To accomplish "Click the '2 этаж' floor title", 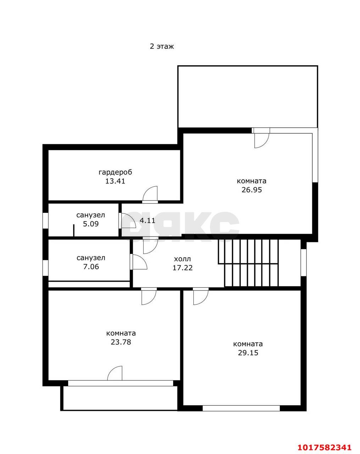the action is [162, 46].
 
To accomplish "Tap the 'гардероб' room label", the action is [115, 172].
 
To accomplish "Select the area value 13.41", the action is [115, 181].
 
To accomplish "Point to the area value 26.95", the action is [251, 190].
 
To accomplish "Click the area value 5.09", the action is [91, 224].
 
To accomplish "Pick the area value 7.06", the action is [91, 267].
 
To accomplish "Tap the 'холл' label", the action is [182, 259].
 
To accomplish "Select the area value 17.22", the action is [183, 268].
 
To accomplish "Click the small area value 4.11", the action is [148, 221].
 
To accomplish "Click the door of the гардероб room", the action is [150, 194].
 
